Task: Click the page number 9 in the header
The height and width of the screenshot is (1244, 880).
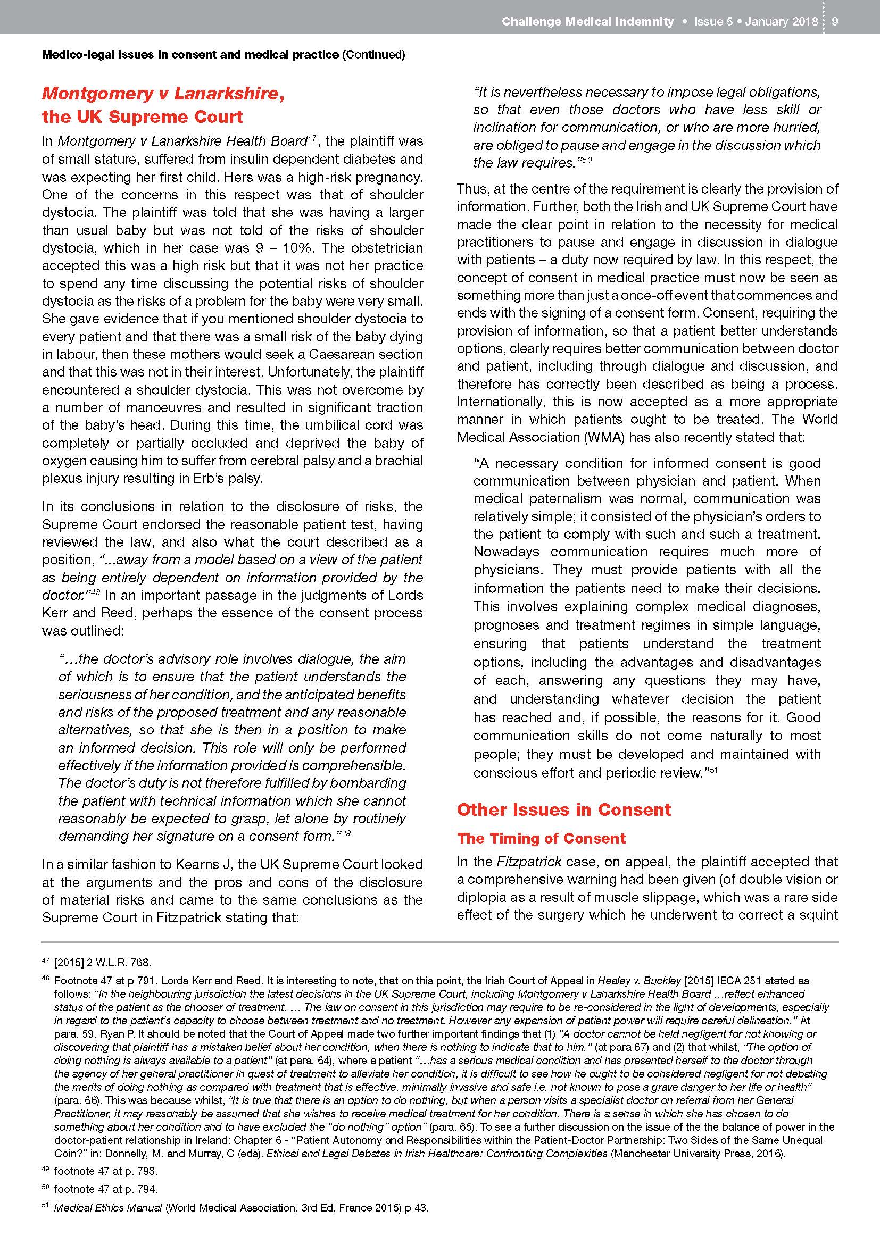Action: tap(835, 22)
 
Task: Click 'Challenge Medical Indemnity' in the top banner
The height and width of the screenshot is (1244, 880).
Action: tap(587, 22)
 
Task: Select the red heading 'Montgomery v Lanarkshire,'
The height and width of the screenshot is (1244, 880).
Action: tap(163, 93)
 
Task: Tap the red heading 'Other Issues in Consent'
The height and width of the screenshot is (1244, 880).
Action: tap(563, 809)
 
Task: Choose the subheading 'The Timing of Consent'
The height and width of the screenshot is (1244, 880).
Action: tap(541, 838)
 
